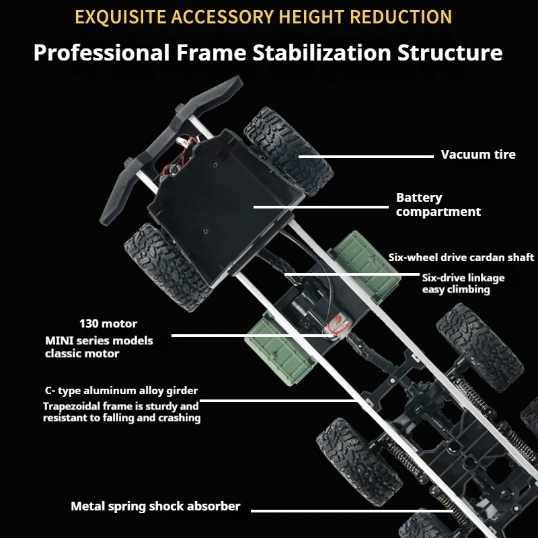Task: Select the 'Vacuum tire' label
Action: tap(478, 155)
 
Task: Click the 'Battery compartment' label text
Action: tap(438, 205)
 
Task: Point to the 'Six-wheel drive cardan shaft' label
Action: tap(461, 258)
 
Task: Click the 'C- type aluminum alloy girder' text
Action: tap(121, 391)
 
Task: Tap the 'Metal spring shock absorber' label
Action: tap(155, 506)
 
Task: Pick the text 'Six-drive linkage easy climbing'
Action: tap(463, 283)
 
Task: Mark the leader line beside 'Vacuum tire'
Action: tap(367, 156)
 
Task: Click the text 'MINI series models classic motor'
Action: tap(99, 347)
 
